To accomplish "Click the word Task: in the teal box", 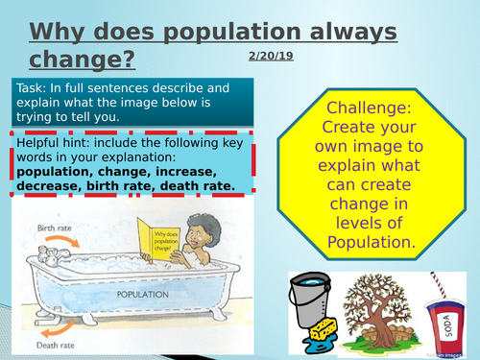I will pos(35,88).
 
